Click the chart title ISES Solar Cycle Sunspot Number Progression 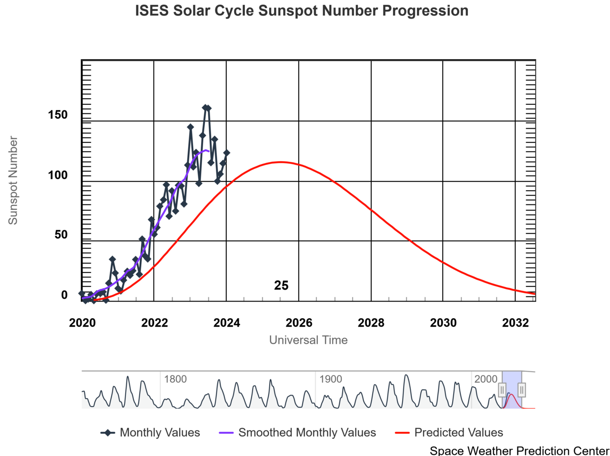pyautogui.click(x=302, y=10)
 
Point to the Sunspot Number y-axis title pyautogui.click(x=13, y=180)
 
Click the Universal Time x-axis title pyautogui.click(x=308, y=340)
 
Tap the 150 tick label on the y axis pyautogui.click(x=58, y=115)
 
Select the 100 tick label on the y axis pyautogui.click(x=58, y=175)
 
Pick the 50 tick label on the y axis pyautogui.click(x=61, y=235)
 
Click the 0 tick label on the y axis pyautogui.click(x=64, y=295)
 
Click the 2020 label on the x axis pyautogui.click(x=82, y=323)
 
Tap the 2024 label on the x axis pyautogui.click(x=226, y=323)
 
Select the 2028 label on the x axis pyautogui.click(x=371, y=323)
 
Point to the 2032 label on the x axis pyautogui.click(x=515, y=323)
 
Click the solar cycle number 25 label pyautogui.click(x=281, y=285)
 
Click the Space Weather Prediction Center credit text pyautogui.click(x=519, y=450)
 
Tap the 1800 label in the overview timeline pyautogui.click(x=175, y=379)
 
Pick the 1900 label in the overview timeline pyautogui.click(x=331, y=379)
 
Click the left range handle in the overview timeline pyautogui.click(x=502, y=390)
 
